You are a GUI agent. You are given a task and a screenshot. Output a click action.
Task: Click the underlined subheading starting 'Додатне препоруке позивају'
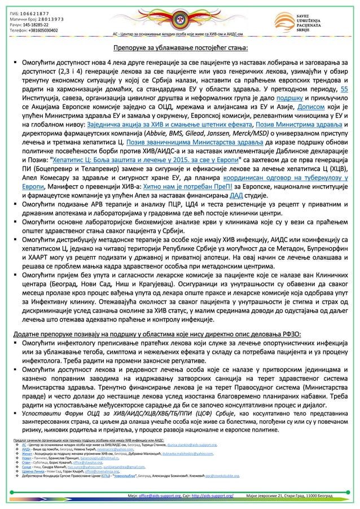(157, 334)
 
